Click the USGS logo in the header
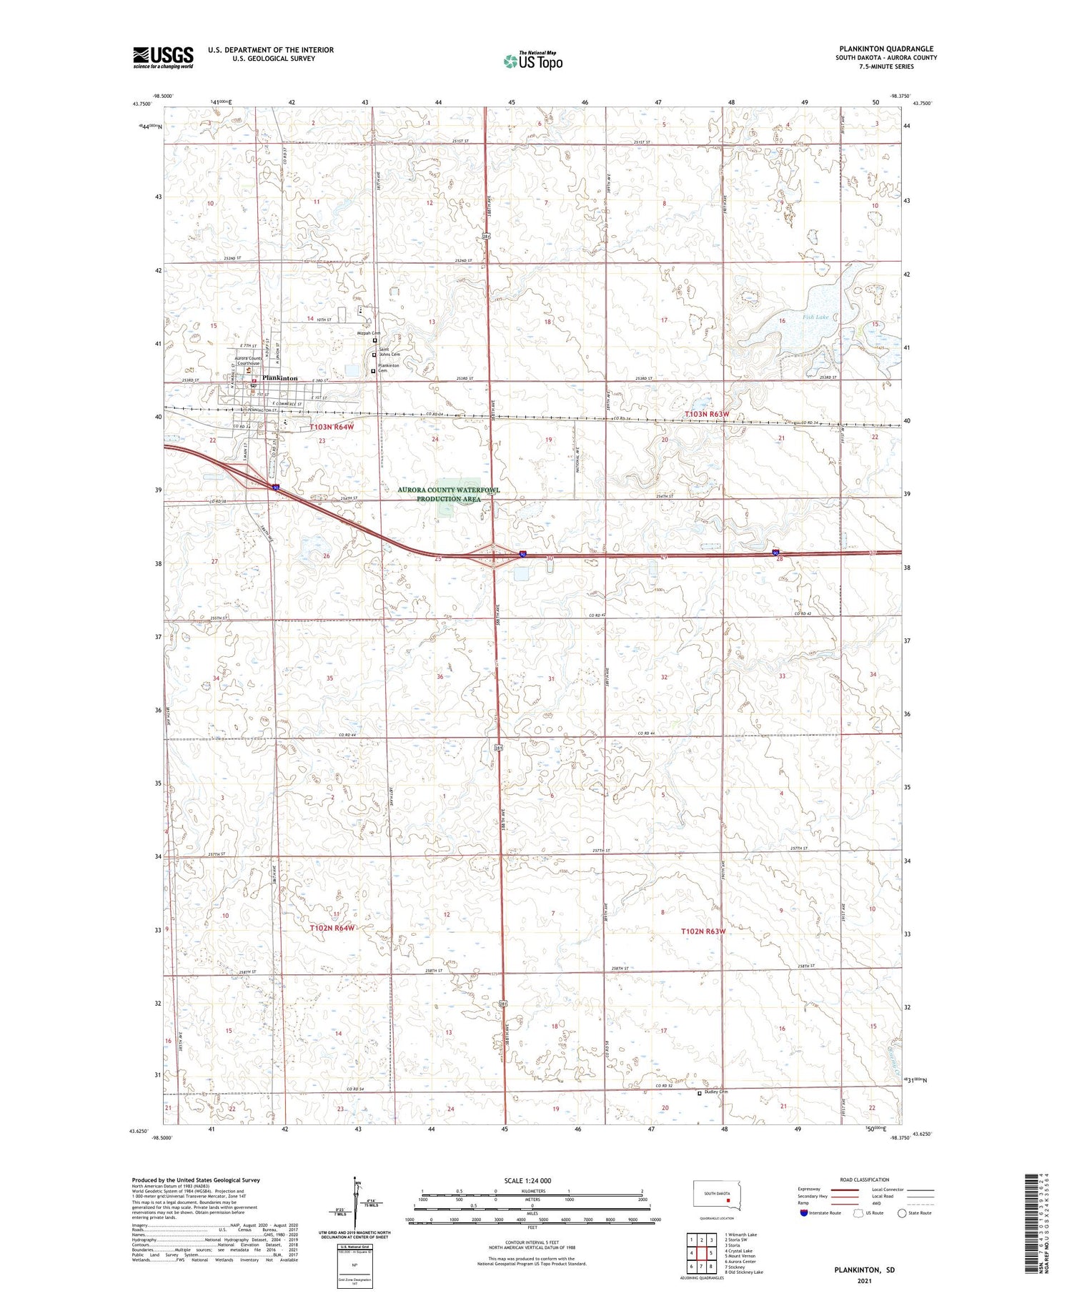[163, 57]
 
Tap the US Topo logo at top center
[532, 61]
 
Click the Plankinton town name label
[279, 378]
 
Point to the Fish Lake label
[815, 317]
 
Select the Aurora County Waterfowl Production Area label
[449, 494]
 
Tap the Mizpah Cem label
[369, 333]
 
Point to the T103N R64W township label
[332, 427]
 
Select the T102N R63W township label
[703, 931]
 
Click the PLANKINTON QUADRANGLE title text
[886, 49]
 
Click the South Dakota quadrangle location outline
[718, 1194]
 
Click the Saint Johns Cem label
[389, 351]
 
